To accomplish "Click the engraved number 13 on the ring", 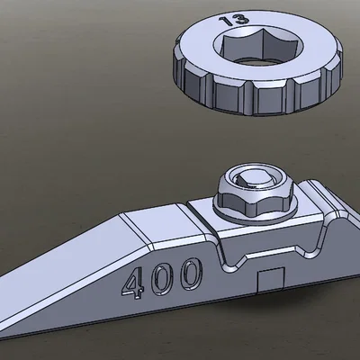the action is point(234,21).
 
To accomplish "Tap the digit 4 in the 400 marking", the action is point(132,283).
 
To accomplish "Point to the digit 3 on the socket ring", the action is point(240,19).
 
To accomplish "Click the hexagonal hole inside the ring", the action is point(258,47).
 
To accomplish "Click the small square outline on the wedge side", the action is point(271,279).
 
